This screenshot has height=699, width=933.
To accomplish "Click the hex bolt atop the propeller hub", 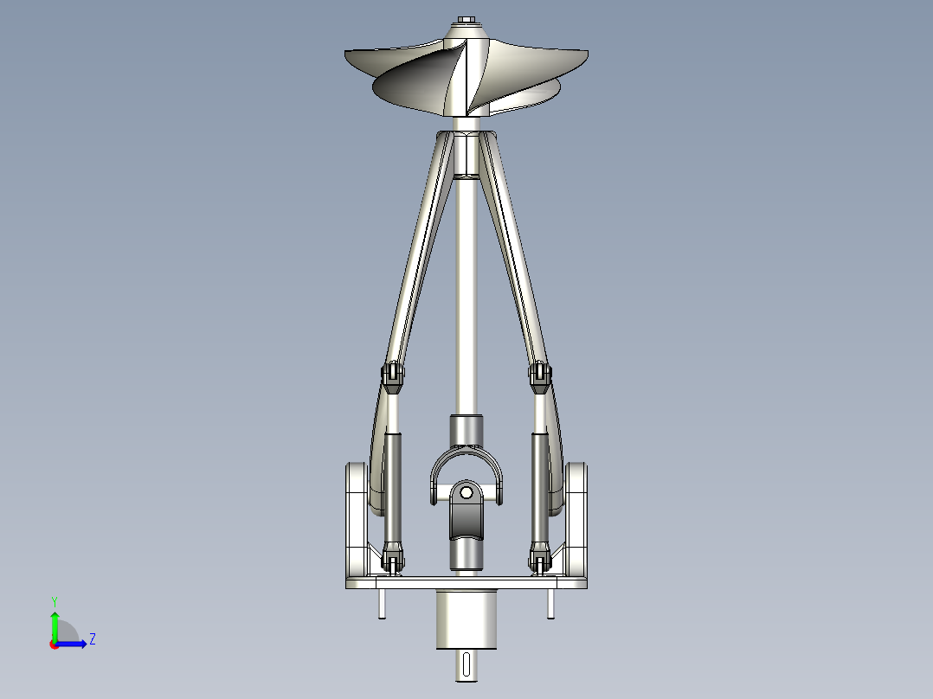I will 467,20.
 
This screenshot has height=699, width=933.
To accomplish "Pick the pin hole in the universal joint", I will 466,493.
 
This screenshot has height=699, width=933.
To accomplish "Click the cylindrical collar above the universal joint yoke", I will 466,429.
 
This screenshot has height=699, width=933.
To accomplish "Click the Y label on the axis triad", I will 55,600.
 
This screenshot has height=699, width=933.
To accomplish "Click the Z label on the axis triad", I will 92,640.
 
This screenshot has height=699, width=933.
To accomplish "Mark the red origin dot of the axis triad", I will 55,644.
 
